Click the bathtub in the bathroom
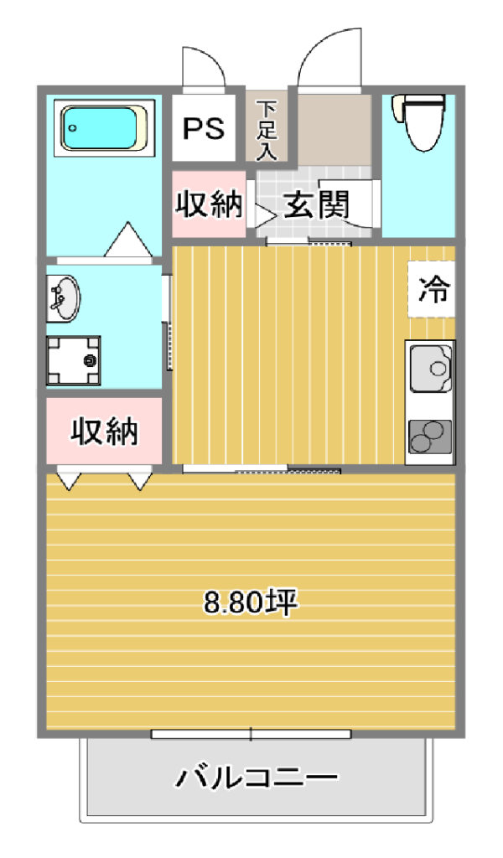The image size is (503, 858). click(x=104, y=128)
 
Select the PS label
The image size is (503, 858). click(x=204, y=128)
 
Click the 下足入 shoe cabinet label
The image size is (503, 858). click(x=267, y=130)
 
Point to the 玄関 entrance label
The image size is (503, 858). click(x=316, y=204)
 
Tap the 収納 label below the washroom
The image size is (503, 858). click(x=104, y=432)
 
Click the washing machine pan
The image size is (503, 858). click(x=73, y=360)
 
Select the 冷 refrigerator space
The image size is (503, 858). click(x=433, y=289)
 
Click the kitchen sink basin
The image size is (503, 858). click(x=432, y=368)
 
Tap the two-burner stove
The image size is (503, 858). click(x=431, y=437)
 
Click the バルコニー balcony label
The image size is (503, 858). click(x=257, y=778)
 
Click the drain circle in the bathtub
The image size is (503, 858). click(x=72, y=129)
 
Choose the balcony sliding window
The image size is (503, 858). click(x=251, y=734)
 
